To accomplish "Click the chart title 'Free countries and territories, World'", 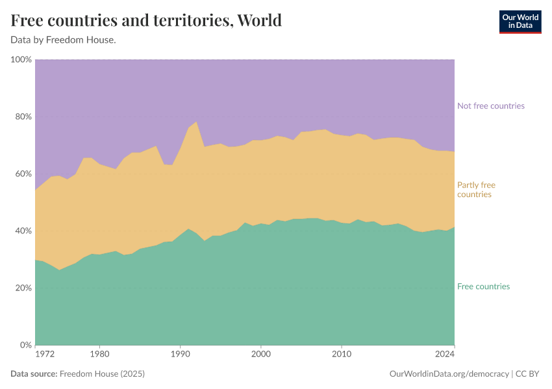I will pyautogui.click(x=146, y=21).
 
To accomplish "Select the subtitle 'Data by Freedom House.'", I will pyautogui.click(x=63, y=40).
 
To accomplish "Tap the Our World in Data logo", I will pyautogui.click(x=520, y=21).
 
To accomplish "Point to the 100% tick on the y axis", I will pyautogui.click(x=21, y=60).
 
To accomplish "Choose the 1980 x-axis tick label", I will pyautogui.click(x=99, y=355).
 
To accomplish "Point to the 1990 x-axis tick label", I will pyautogui.click(x=180, y=355).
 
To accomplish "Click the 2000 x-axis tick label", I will pyautogui.click(x=260, y=355).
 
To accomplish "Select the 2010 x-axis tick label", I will pyautogui.click(x=341, y=355).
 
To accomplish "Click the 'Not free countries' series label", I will pyautogui.click(x=490, y=106).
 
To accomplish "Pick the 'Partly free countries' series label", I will pyautogui.click(x=476, y=190).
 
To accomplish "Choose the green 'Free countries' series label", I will pyautogui.click(x=483, y=287).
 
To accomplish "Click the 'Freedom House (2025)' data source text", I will pyautogui.click(x=101, y=374).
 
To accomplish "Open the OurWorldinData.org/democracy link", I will pyautogui.click(x=449, y=374).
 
